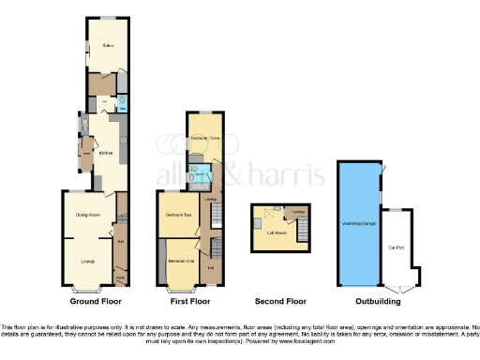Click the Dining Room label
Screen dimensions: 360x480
pyautogui.click(x=87, y=214)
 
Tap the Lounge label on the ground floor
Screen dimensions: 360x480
pyautogui.click(x=87, y=260)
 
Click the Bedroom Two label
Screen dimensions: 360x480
pyautogui.click(x=178, y=216)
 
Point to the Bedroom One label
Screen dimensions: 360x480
pyautogui.click(x=181, y=260)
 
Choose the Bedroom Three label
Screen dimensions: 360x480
pyautogui.click(x=204, y=139)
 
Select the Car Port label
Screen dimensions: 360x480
pyautogui.click(x=408, y=246)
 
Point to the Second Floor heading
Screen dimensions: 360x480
pyautogui.click(x=281, y=303)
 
